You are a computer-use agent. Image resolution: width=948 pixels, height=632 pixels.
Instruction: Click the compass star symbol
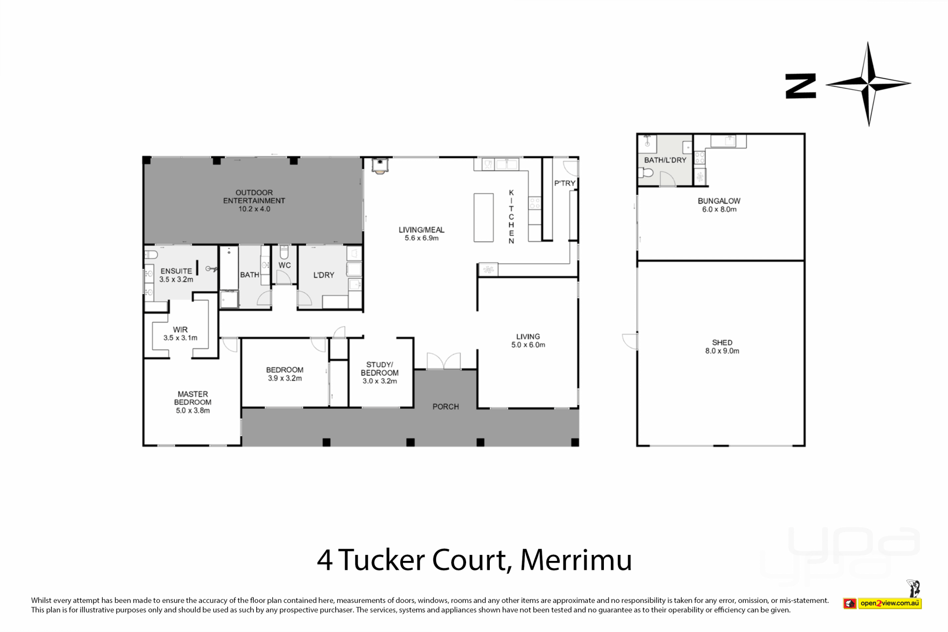(x=869, y=84)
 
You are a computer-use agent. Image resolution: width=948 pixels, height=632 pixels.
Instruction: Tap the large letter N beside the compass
(x=800, y=86)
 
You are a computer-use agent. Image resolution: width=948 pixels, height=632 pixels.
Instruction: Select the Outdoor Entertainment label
(x=254, y=200)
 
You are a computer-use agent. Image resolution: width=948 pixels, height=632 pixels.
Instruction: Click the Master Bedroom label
(x=193, y=402)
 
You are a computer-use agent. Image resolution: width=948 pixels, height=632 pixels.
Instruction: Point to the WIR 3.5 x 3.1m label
(x=180, y=334)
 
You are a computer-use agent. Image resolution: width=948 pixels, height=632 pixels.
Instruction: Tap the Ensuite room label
(x=176, y=275)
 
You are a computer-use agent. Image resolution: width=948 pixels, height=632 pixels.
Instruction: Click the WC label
(x=284, y=265)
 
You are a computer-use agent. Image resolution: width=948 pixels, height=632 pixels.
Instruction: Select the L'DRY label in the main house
(x=324, y=275)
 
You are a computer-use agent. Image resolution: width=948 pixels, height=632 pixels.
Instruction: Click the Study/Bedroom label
(x=380, y=373)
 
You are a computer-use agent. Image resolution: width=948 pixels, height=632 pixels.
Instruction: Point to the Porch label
(x=446, y=407)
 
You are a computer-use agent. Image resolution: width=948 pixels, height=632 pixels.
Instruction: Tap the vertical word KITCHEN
(x=511, y=217)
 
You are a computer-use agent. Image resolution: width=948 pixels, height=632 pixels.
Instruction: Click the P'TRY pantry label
(x=565, y=183)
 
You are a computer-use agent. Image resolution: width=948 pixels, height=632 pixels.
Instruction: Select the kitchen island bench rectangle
(x=483, y=217)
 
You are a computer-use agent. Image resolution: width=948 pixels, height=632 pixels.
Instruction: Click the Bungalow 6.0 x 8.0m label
(x=719, y=205)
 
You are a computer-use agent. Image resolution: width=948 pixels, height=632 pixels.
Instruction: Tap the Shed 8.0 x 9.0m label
(x=722, y=347)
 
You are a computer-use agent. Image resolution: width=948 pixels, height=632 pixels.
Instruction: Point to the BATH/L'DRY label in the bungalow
(x=665, y=160)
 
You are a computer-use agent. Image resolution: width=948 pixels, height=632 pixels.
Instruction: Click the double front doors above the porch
(x=444, y=361)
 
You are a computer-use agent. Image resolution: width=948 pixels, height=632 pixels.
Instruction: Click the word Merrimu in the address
(x=576, y=560)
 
